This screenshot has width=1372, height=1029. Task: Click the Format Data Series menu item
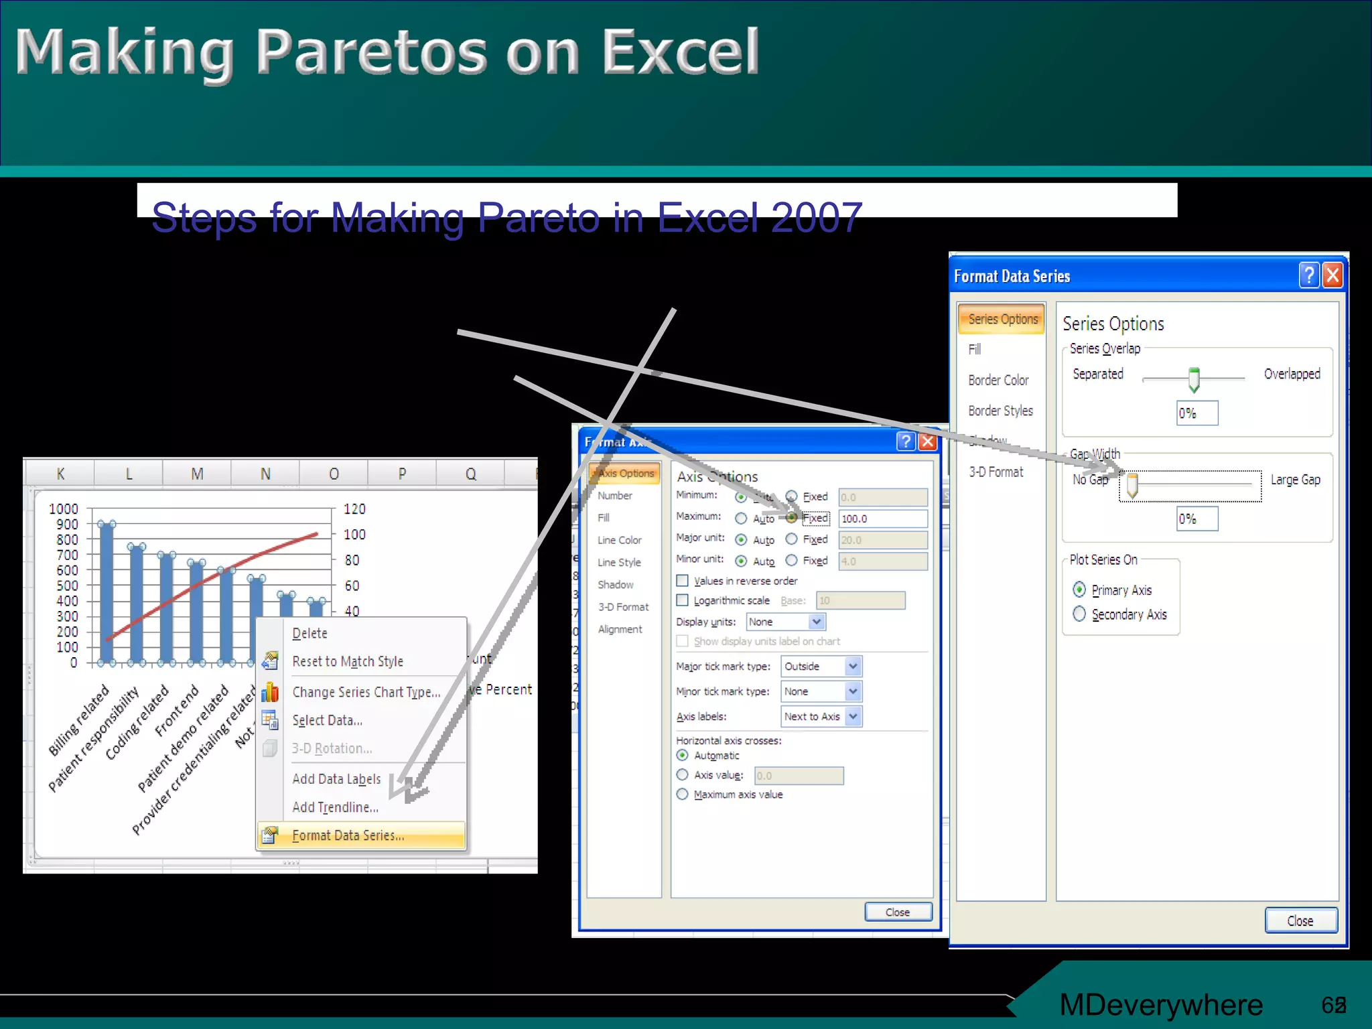tap(348, 835)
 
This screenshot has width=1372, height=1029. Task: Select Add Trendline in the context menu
tap(335, 807)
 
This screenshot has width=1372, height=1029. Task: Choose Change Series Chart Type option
tap(366, 692)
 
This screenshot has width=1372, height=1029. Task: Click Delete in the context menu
tap(310, 633)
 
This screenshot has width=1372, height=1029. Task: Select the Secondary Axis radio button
tap(1079, 614)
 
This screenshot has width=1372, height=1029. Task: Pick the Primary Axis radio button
tap(1079, 590)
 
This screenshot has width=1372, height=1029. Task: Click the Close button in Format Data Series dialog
tap(1300, 920)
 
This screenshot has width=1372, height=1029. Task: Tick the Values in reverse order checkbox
tap(682, 580)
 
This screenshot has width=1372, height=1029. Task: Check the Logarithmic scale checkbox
tap(682, 600)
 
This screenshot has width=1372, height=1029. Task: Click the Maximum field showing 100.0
tap(882, 519)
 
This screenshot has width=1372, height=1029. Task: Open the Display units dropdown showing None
tap(786, 622)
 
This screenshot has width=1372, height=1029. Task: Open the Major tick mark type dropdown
tap(821, 667)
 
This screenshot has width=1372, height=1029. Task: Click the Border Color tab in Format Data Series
tap(998, 380)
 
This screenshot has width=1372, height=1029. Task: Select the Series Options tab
tap(1002, 319)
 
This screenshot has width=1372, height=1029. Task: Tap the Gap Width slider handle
tap(1132, 484)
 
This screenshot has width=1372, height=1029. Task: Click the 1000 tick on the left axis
tap(64, 509)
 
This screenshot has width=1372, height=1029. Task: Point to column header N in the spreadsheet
tap(265, 474)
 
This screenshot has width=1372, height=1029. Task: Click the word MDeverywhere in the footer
tap(1160, 1004)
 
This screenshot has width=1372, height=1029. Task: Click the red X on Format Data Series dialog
tap(1332, 275)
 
